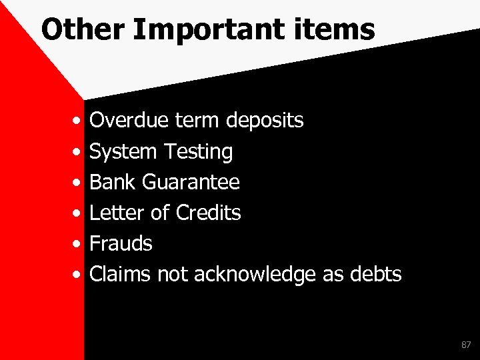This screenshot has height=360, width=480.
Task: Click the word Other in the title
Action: (x=73, y=29)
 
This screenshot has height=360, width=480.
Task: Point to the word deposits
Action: (x=265, y=121)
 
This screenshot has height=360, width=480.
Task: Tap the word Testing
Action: (x=197, y=152)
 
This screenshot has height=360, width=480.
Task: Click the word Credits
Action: (x=208, y=213)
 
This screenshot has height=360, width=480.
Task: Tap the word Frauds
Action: (x=121, y=243)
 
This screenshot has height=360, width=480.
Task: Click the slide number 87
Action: (x=465, y=345)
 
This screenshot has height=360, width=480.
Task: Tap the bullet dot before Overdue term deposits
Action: (x=78, y=122)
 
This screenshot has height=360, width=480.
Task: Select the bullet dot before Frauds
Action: (x=78, y=245)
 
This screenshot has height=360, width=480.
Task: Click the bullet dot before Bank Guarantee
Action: (x=78, y=183)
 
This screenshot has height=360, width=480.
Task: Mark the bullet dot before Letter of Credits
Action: (x=78, y=214)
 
